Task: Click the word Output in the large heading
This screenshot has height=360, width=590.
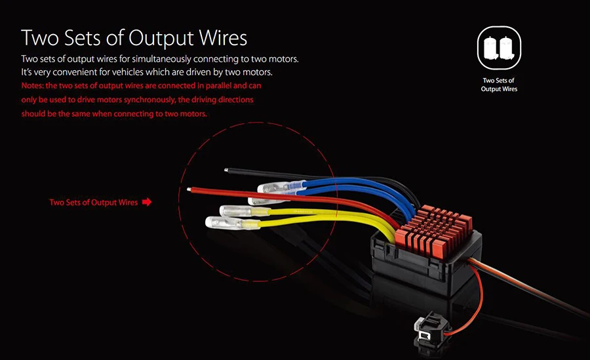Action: click(161, 39)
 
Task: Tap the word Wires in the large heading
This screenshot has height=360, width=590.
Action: click(223, 37)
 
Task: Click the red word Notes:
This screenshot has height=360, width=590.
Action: click(32, 85)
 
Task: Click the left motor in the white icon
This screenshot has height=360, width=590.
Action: click(492, 47)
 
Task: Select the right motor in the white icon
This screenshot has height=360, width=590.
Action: click(506, 47)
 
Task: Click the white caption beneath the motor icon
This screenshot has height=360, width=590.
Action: click(499, 85)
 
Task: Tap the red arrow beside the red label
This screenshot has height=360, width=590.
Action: click(147, 202)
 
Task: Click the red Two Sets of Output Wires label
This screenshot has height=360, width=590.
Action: click(94, 202)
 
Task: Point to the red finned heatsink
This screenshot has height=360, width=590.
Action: click(433, 230)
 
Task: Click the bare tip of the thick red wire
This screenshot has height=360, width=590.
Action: click(189, 190)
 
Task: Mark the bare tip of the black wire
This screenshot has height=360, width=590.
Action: click(226, 170)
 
